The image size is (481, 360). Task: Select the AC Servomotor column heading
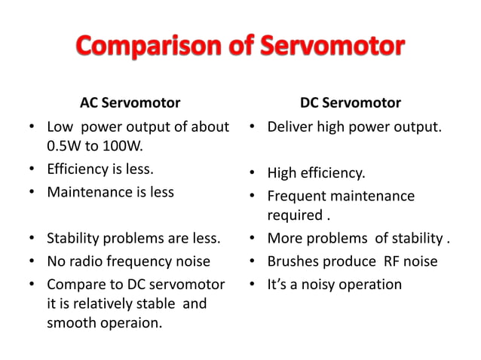click(130, 102)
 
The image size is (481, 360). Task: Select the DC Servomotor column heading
click(351, 102)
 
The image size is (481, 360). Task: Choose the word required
click(295, 215)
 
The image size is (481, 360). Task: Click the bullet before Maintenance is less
click(33, 192)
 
